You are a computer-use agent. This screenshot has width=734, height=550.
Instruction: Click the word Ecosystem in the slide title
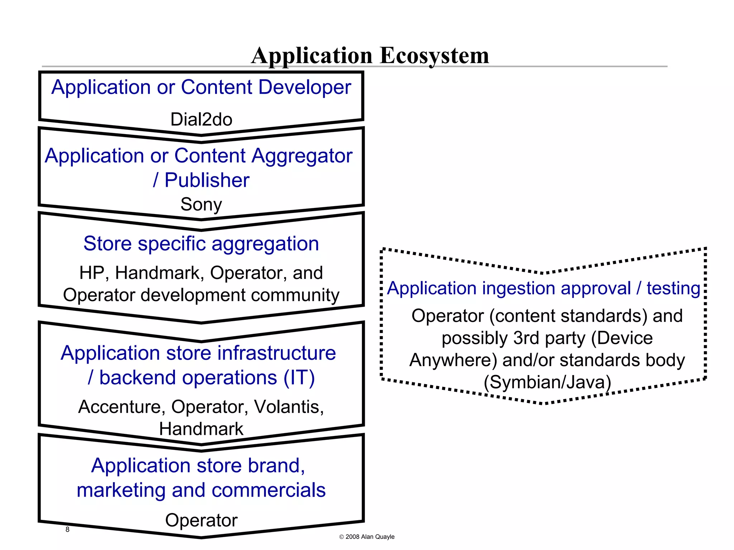click(434, 56)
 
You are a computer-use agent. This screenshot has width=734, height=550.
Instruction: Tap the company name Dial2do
click(201, 119)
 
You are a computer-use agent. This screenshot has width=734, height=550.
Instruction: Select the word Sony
click(201, 204)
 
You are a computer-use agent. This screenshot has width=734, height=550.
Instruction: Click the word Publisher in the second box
click(207, 180)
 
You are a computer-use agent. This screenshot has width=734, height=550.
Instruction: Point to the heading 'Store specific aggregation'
click(201, 244)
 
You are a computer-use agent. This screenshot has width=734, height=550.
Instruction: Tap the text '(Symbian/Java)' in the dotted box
click(547, 382)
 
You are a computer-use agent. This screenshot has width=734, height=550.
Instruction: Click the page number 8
click(67, 530)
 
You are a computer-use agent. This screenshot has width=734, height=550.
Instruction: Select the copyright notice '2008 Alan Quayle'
click(370, 537)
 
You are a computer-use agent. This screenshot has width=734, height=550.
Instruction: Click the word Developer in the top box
click(305, 87)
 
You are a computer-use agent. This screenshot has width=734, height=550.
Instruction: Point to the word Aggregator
click(302, 156)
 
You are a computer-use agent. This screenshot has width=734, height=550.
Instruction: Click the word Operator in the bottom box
click(201, 520)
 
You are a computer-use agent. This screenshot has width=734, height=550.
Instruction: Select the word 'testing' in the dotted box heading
click(673, 289)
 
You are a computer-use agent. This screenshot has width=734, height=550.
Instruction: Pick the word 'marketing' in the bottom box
click(121, 490)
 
